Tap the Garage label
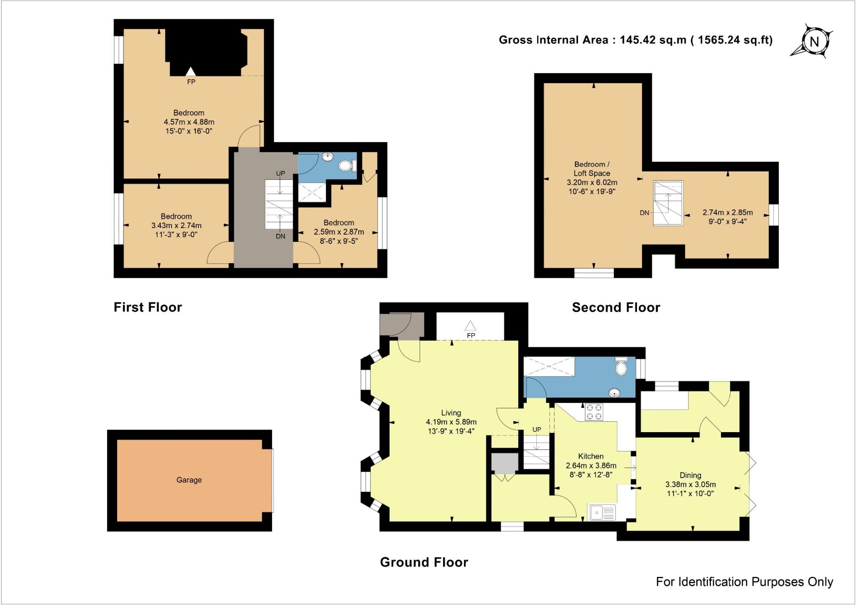189,480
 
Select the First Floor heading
148,307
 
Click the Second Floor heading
616,307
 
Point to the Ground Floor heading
423,562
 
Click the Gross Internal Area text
635,40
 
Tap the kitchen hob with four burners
594,411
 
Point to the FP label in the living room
471,336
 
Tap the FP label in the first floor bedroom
191,82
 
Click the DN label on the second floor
644,213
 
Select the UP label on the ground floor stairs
536,430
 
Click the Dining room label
690,475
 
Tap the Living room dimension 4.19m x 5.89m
451,422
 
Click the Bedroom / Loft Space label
591,169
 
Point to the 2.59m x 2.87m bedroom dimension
339,232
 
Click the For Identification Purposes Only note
744,582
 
